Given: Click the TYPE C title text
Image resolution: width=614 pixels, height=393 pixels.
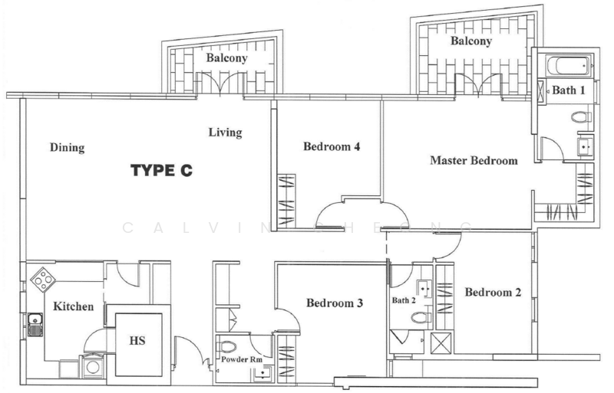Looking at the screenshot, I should (160, 171).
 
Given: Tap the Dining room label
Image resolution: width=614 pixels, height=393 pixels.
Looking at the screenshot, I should (67, 147).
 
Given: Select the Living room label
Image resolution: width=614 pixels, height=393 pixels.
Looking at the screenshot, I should (225, 133).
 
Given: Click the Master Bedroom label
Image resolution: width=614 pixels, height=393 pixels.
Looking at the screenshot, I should (474, 161).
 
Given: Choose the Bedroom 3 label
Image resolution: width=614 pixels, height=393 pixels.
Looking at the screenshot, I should (335, 303).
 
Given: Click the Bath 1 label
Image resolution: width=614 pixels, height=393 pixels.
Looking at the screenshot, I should (569, 90).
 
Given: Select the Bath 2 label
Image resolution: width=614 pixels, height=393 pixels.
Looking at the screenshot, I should (403, 300).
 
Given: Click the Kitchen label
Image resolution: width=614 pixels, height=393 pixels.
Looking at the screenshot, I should (74, 306).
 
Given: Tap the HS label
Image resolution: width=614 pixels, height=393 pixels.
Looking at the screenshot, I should (138, 339).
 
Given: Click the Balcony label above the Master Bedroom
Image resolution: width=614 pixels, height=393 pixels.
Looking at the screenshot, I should (470, 41).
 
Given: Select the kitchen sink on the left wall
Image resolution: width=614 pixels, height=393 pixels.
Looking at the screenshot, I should (35, 325).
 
